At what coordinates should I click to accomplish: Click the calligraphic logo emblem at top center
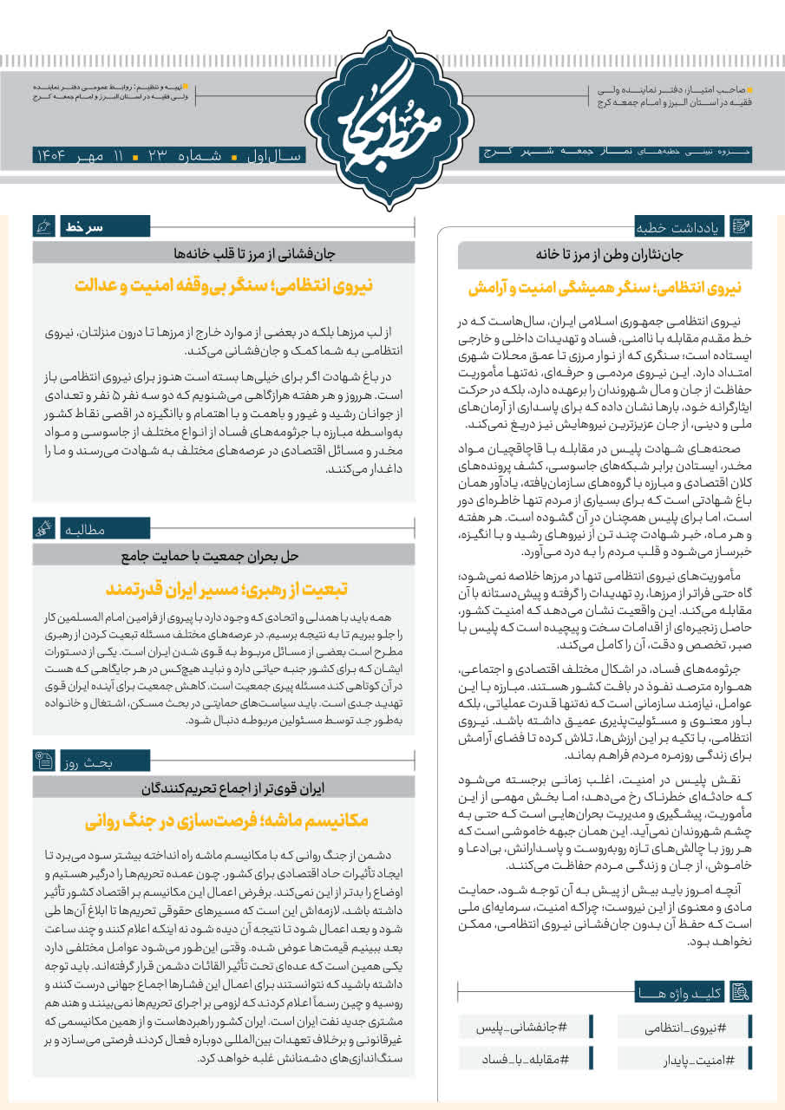click(x=392, y=118)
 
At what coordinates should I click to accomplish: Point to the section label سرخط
click(x=83, y=227)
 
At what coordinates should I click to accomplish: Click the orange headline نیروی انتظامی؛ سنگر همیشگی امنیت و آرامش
click(x=605, y=286)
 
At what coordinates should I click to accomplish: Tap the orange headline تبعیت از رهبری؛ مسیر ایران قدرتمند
click(x=226, y=589)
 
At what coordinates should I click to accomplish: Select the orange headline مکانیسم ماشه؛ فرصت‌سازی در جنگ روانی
click(x=226, y=819)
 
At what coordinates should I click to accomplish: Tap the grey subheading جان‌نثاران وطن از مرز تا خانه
click(x=605, y=255)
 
